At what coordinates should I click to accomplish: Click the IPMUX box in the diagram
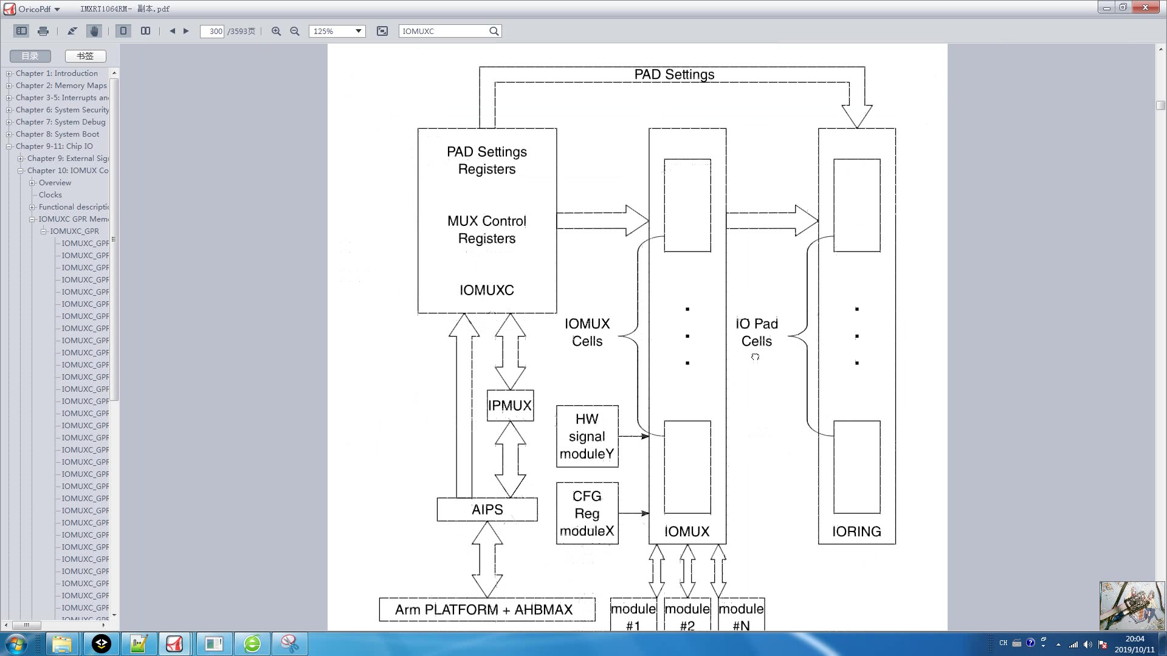[x=510, y=406]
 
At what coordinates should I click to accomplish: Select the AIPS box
[x=487, y=510]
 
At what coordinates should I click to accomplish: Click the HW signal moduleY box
[x=587, y=436]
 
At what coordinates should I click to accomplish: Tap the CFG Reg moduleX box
[x=587, y=513]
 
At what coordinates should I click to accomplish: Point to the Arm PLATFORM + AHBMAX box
[x=487, y=609]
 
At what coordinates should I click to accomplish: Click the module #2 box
[x=687, y=616]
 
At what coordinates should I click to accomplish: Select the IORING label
[x=856, y=531]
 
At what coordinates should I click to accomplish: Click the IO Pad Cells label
[x=757, y=332]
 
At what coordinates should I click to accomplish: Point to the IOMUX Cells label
[x=587, y=332]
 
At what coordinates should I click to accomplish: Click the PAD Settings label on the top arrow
[x=674, y=74]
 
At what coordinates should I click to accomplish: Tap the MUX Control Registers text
[x=487, y=230]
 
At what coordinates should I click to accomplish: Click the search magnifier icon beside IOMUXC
[x=494, y=31]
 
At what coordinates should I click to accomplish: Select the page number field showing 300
[x=213, y=31]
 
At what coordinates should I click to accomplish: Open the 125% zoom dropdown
[x=358, y=31]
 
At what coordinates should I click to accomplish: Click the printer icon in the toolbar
[x=43, y=31]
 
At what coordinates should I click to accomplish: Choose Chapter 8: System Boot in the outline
[x=57, y=134]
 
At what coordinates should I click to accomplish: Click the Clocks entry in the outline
[x=50, y=195]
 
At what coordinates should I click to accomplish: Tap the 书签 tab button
[x=85, y=56]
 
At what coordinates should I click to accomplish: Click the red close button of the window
[x=1145, y=7]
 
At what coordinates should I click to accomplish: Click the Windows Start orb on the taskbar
[x=16, y=643]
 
